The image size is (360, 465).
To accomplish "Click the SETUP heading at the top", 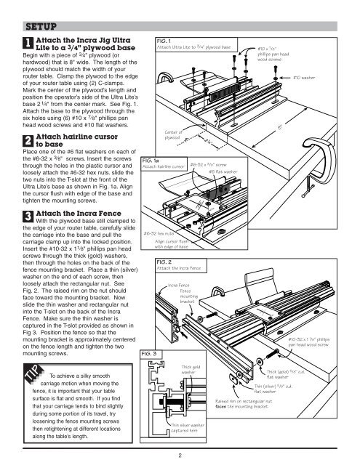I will [x=36, y=28].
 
